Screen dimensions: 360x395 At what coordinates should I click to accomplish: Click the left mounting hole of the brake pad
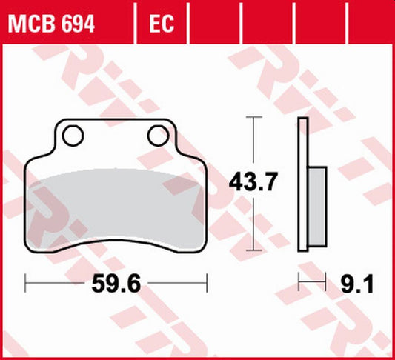[73, 135]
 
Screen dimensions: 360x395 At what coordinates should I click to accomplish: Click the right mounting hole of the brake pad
[157, 135]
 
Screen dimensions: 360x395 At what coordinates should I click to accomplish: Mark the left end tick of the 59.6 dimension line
[26, 282]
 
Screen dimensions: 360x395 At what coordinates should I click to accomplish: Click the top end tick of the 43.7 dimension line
[255, 117]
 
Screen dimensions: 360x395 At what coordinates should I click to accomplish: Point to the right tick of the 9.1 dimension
[325, 282]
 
